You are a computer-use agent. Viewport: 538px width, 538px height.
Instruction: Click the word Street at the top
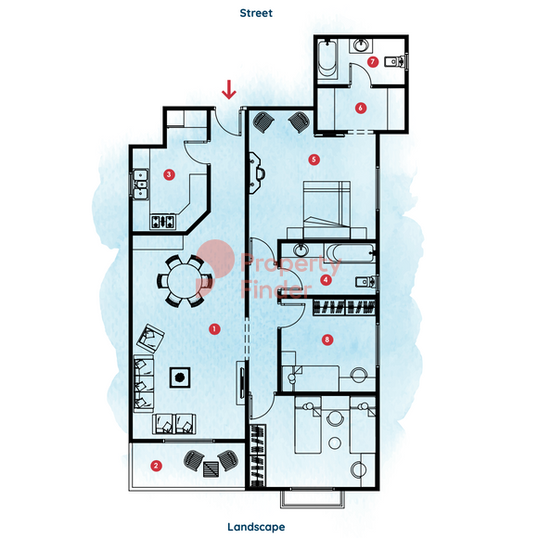point(256,13)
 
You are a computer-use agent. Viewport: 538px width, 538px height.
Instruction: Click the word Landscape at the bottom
point(256,527)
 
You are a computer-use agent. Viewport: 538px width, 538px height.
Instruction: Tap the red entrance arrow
point(229,90)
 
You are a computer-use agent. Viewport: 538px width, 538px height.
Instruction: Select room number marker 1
point(214,329)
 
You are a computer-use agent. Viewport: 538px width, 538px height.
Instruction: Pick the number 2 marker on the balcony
point(156,466)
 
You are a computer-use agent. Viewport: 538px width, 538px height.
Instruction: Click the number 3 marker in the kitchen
point(169,174)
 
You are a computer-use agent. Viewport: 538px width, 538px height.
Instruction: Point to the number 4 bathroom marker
point(326,279)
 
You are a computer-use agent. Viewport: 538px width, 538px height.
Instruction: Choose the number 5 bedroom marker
point(314,160)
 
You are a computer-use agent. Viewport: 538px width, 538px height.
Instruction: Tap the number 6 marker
point(360,108)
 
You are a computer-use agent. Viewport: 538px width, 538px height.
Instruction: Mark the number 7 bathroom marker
point(373,62)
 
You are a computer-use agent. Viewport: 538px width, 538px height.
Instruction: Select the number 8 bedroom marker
point(327,339)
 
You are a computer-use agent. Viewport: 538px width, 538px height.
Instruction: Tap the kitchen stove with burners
point(163,222)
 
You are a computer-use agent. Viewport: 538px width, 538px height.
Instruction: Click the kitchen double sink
point(140,185)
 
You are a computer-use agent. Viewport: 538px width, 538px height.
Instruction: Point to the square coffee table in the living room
point(180,378)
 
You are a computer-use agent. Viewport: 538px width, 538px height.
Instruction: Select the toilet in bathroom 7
point(394,62)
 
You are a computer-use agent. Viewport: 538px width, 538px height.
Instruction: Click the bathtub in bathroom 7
point(327,59)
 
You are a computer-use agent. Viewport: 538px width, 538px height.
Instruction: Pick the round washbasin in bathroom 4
point(301,250)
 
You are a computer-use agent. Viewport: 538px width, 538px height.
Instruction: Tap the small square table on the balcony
point(211,469)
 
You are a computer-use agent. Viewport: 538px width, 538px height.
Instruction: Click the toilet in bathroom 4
point(365,282)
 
